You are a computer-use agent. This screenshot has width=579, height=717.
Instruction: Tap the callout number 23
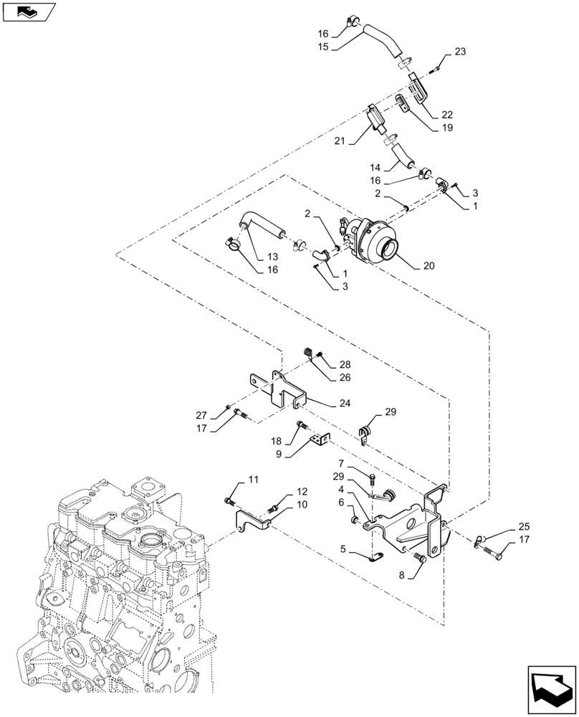pyautogui.click(x=459, y=52)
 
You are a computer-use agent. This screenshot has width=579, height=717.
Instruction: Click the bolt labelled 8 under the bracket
pyautogui.click(x=420, y=559)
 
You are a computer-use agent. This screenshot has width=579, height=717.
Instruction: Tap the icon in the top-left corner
pyautogui.click(x=28, y=11)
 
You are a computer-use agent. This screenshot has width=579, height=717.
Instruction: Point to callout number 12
pyautogui.click(x=301, y=493)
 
